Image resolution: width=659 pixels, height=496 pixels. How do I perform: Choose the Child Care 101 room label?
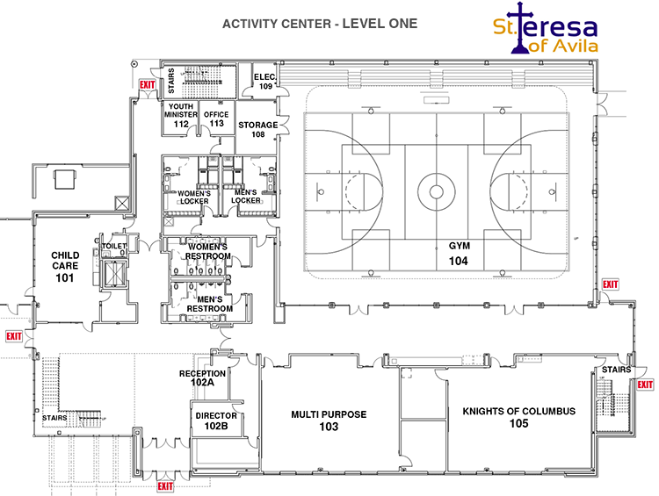coord(64,267)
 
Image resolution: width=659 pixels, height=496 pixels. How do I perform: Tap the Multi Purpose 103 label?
coord(329,420)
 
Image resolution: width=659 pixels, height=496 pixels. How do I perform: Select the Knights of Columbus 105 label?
coord(518,417)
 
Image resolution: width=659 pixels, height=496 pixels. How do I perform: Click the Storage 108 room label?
coord(257,130)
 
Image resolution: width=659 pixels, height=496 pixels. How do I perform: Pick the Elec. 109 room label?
coord(265,82)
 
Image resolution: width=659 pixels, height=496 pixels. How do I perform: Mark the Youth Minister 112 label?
coord(181,116)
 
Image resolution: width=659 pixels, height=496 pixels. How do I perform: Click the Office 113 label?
coord(216,119)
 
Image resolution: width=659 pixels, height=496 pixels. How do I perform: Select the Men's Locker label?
coord(245,196)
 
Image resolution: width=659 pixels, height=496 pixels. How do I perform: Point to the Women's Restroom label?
coord(208,251)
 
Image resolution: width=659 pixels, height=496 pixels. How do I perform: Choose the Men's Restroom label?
coord(208,304)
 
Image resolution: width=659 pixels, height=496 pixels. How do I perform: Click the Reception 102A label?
coord(203,377)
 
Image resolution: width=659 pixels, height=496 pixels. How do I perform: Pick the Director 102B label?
coord(216,421)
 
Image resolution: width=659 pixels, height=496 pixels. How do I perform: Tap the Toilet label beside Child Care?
coord(113,247)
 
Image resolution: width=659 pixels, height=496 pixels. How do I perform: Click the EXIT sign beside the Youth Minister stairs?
coord(146,85)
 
